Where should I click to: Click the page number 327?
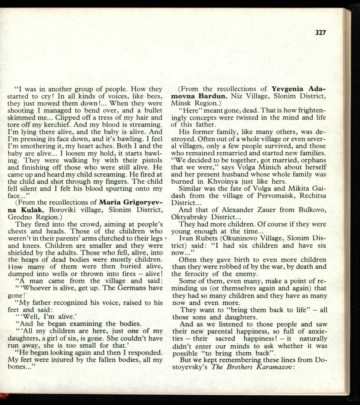[320, 32]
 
